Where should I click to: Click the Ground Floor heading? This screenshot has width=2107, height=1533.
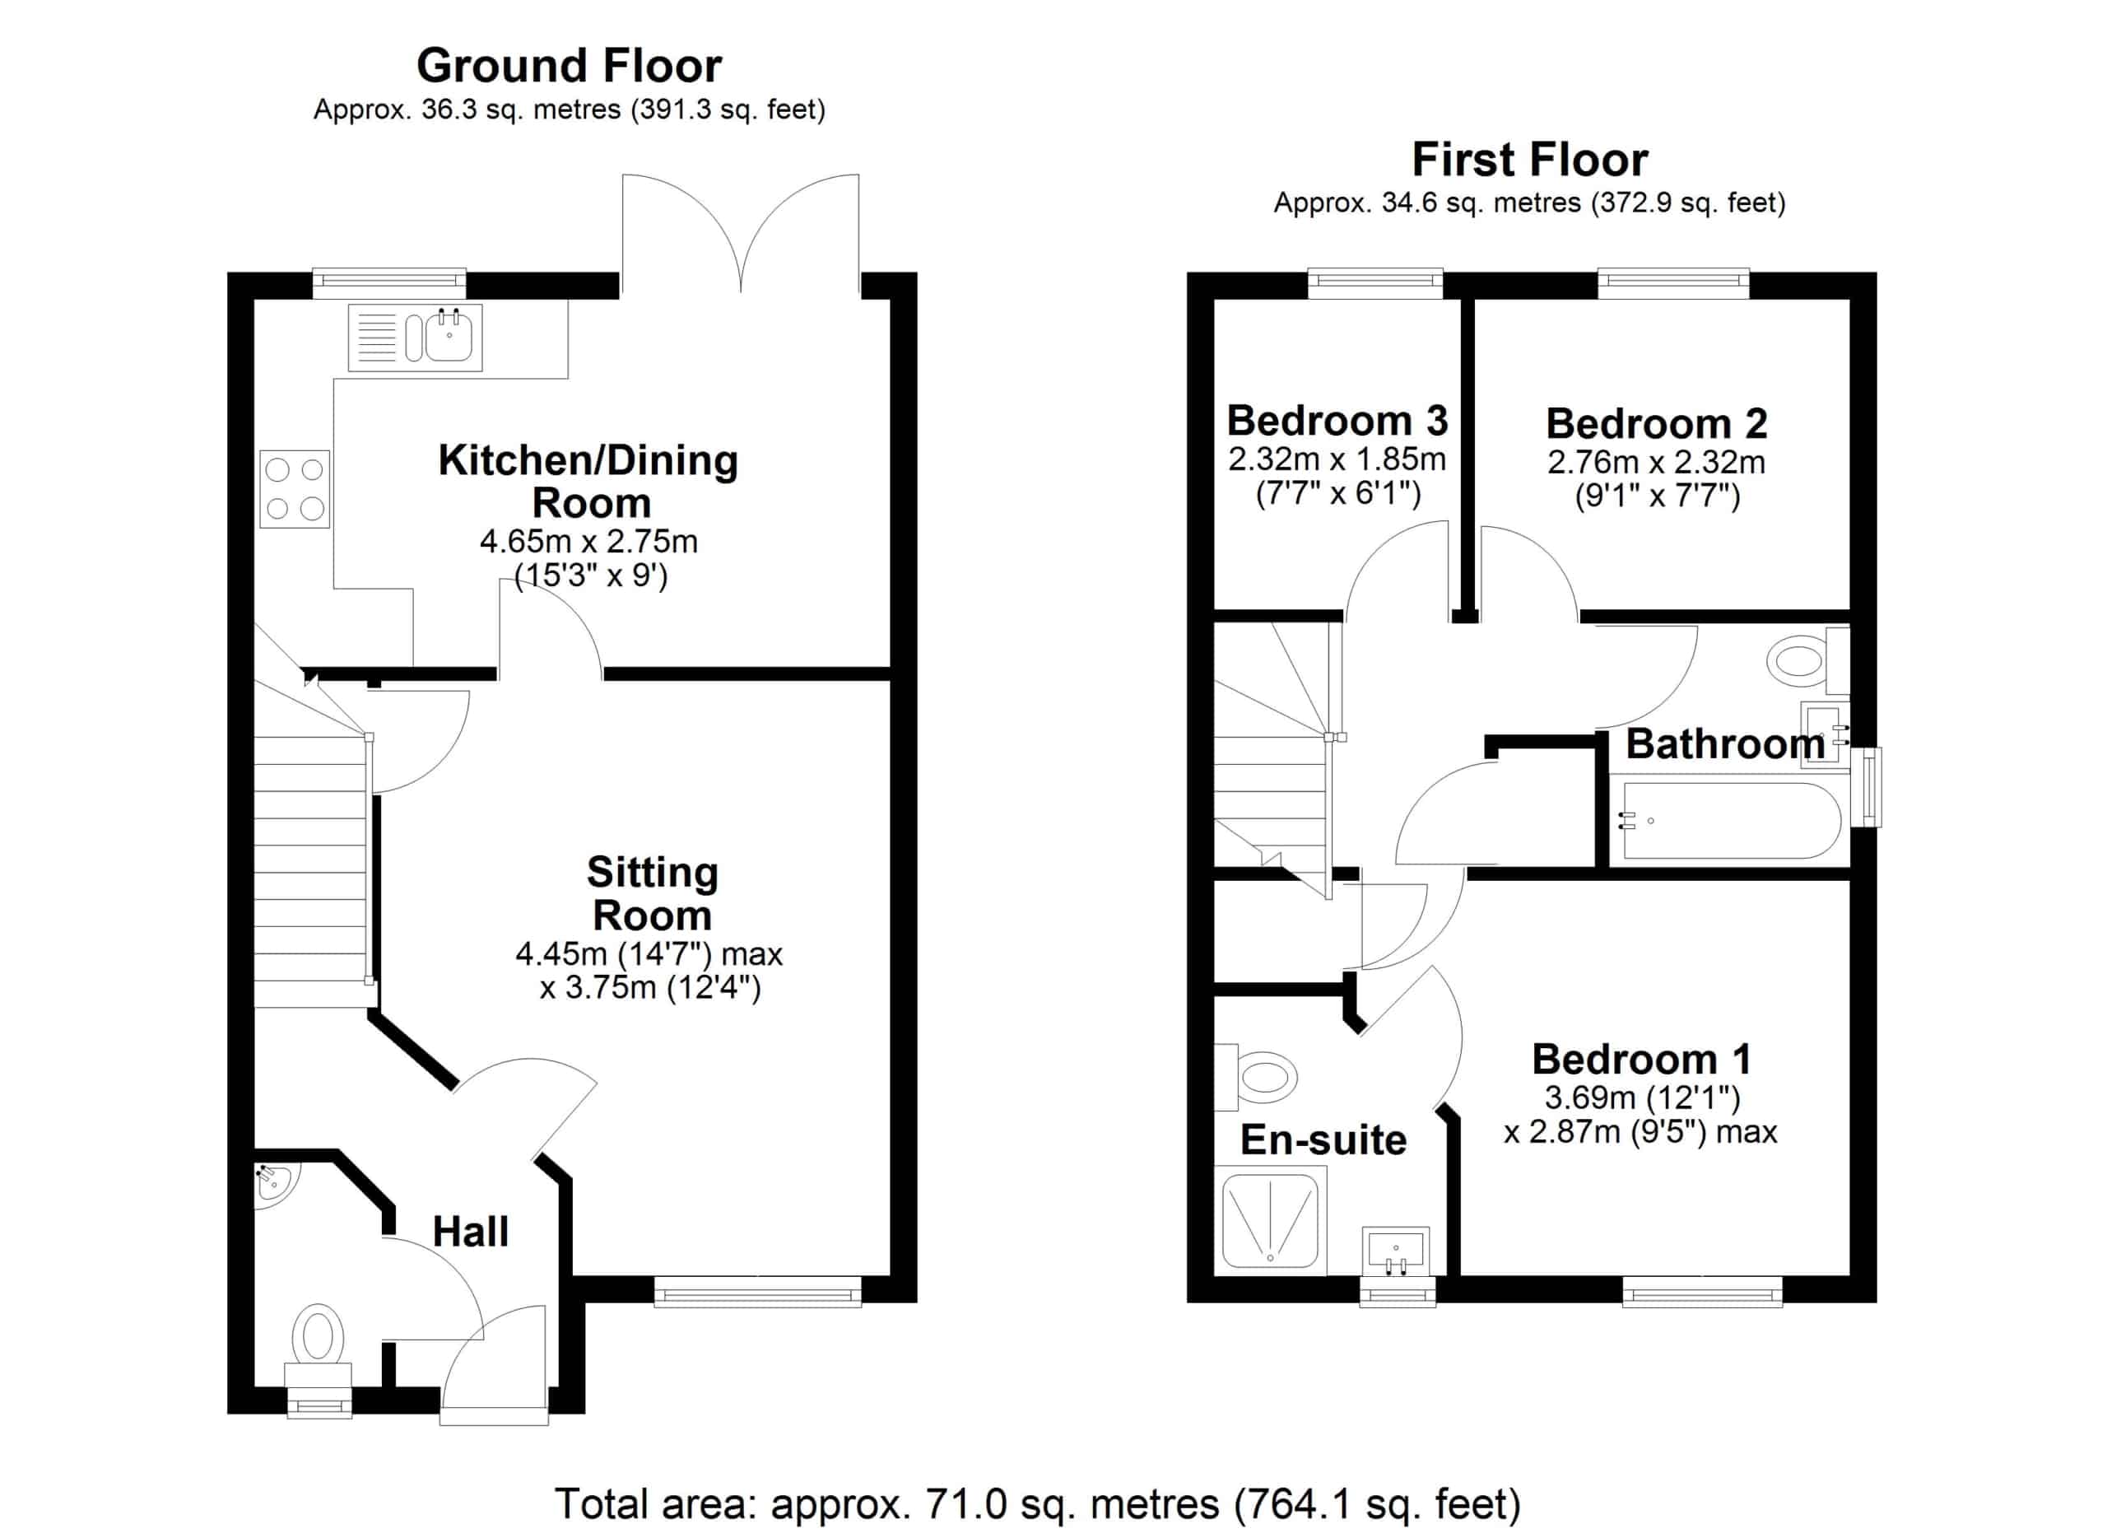click(x=569, y=66)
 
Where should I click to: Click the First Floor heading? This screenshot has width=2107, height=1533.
click(x=1529, y=160)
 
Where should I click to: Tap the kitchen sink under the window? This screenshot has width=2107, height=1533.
click(x=449, y=337)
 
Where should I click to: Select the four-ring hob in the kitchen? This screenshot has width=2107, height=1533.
click(x=295, y=489)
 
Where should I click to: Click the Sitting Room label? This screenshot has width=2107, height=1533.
click(x=652, y=894)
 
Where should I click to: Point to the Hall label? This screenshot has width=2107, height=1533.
click(x=470, y=1232)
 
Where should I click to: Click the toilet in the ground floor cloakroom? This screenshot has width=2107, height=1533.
click(x=318, y=1336)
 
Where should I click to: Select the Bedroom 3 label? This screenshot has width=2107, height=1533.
click(x=1337, y=421)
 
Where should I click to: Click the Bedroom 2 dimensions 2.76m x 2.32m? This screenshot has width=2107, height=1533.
click(x=1655, y=463)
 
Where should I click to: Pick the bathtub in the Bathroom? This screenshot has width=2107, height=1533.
click(x=1730, y=820)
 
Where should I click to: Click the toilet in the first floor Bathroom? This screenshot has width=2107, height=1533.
click(x=1799, y=660)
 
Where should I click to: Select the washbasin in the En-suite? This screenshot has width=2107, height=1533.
click(x=1395, y=1251)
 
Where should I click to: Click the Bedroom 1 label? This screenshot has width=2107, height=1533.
click(x=1640, y=1059)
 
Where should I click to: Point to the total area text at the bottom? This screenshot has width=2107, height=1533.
click(x=1037, y=1503)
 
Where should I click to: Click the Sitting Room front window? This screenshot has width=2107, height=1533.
click(x=757, y=1293)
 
